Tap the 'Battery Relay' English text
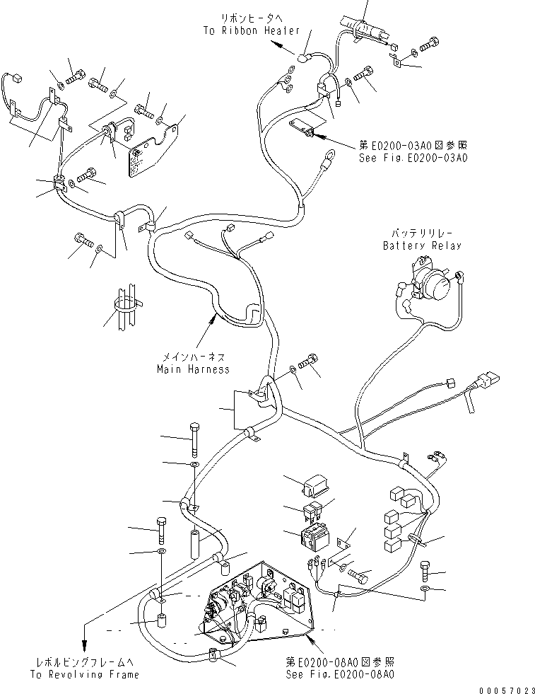tap(421, 245)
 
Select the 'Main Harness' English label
tap(193, 369)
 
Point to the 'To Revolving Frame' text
tap(84, 674)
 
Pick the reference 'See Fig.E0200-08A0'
tap(340, 674)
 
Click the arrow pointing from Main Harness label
tap(209, 325)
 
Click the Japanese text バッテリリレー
tap(421, 233)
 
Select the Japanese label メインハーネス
tap(193, 357)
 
